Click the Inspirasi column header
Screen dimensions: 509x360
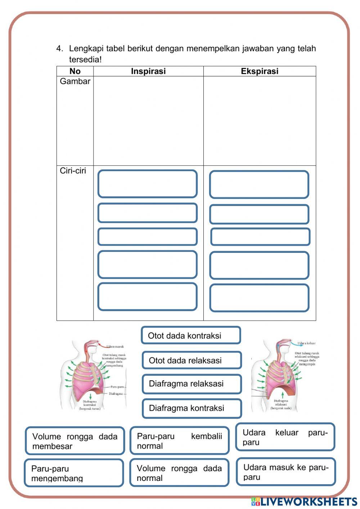point(148,71)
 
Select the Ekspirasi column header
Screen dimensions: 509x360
point(260,71)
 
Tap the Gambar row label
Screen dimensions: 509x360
point(75,81)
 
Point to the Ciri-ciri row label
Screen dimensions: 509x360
point(73,171)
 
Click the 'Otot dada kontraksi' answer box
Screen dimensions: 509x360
point(190,335)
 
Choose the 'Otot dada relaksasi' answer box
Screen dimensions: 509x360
point(191,360)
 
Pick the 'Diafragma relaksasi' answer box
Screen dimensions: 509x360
point(191,384)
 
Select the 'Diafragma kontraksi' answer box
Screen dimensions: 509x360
point(192,408)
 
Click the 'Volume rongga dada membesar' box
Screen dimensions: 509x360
point(75,441)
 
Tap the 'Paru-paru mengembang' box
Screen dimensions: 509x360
point(74,473)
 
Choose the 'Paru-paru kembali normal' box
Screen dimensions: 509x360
point(179,441)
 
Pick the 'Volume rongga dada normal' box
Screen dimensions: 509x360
point(179,473)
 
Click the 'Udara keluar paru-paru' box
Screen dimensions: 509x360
point(285,437)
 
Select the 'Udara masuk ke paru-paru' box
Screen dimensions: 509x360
point(286,472)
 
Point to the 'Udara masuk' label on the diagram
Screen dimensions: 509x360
point(115,347)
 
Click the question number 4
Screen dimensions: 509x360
point(59,49)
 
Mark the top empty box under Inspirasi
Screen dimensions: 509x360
point(147,184)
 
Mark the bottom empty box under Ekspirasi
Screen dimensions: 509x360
point(259,298)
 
